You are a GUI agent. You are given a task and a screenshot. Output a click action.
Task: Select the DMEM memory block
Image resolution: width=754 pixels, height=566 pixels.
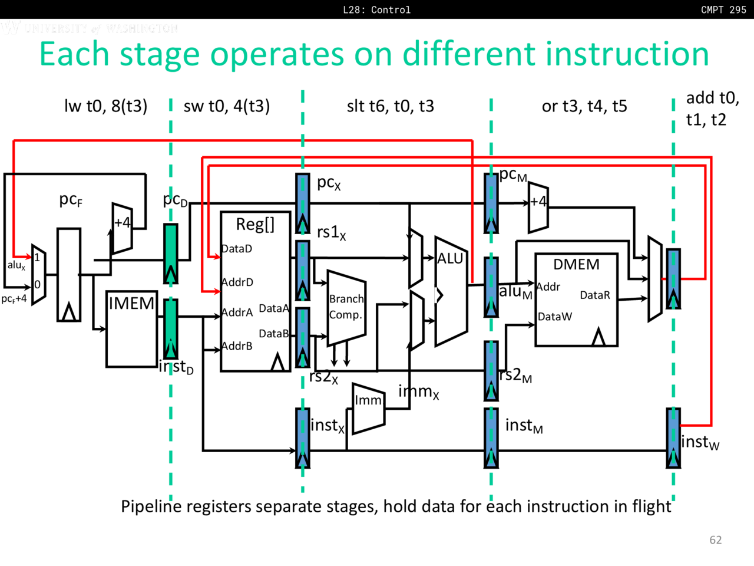(576, 300)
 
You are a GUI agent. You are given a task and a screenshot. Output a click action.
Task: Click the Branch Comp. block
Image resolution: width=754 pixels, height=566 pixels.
(346, 307)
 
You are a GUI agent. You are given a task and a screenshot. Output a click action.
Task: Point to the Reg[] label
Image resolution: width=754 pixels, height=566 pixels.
(255, 224)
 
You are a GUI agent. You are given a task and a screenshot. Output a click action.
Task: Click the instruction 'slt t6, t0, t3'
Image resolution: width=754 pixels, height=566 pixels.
(390, 106)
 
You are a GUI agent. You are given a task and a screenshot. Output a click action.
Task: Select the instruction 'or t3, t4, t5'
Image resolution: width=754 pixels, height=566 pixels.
(584, 106)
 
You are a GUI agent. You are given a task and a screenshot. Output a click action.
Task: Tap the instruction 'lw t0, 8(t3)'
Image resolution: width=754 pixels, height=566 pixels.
(105, 106)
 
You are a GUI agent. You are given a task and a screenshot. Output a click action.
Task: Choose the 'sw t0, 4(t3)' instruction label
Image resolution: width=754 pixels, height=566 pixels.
(227, 106)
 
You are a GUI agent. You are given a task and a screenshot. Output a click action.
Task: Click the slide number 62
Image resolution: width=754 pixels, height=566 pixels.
(716, 540)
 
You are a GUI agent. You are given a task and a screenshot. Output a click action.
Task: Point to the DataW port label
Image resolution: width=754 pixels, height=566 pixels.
(554, 317)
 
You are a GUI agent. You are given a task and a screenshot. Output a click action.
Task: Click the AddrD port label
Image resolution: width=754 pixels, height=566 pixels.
(237, 282)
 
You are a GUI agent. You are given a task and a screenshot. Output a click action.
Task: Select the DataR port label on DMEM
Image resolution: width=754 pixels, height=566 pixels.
(595, 295)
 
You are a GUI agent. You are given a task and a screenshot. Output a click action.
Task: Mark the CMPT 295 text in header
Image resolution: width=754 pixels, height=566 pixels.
(723, 9)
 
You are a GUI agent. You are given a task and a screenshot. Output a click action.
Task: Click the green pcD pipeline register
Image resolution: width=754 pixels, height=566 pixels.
(170, 253)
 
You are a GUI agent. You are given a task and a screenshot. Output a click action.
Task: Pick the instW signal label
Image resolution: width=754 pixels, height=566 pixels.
(700, 442)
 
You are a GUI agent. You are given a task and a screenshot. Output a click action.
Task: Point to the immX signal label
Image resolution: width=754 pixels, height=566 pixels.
(418, 391)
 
